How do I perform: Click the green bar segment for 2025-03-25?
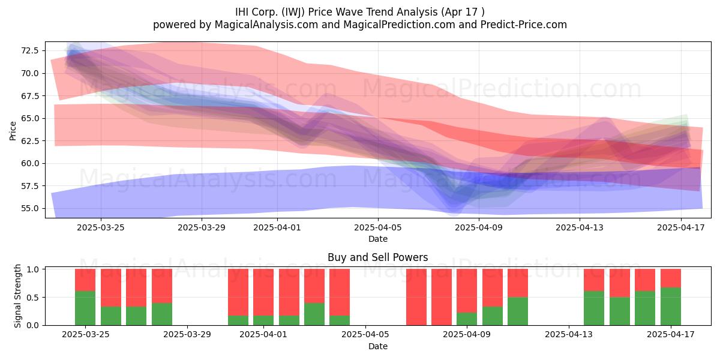[85, 308]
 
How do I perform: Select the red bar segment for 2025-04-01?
[263, 292]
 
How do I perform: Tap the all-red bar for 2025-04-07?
[416, 297]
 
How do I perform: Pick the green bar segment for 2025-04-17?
[671, 307]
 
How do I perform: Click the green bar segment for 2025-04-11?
[518, 311]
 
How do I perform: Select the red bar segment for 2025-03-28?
[161, 286]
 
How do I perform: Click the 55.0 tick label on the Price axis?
[30, 208]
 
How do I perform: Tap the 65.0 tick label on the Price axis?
[30, 118]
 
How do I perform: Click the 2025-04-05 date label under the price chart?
[378, 227]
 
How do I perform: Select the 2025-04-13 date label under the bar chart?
[569, 335]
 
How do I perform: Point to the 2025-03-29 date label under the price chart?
[202, 227]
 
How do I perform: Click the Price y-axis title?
[13, 131]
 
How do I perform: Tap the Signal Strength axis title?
[17, 296]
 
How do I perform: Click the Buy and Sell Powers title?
[377, 257]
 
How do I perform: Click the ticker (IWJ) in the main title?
[293, 12]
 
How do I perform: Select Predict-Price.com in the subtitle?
[524, 25]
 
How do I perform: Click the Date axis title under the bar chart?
[378, 346]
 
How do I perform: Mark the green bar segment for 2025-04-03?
[314, 314]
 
